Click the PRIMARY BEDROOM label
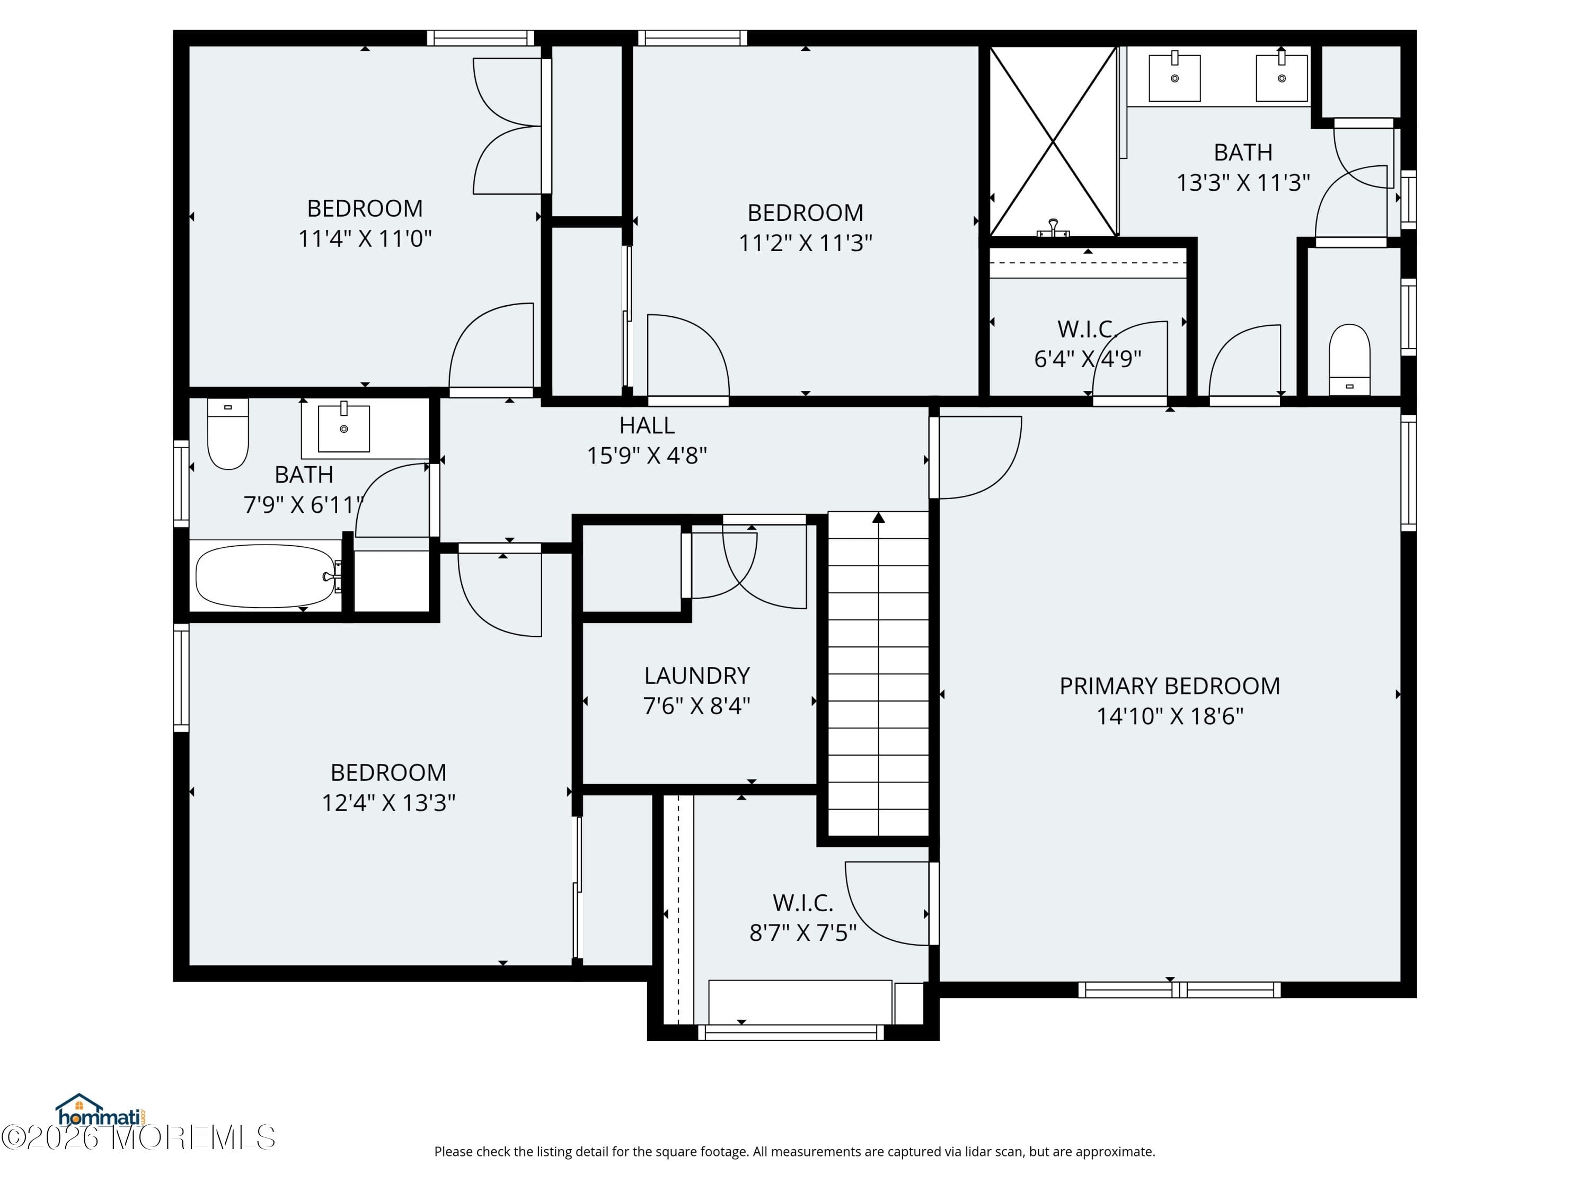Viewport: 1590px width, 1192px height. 1170,686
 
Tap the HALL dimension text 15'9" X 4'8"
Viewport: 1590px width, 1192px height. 647,456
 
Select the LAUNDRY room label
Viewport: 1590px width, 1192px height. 696,675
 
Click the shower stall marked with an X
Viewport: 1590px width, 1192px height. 1053,141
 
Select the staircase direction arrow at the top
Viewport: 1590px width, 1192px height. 878,517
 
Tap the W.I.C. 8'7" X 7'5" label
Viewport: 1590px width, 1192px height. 803,902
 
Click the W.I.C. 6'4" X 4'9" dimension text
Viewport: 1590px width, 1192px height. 1088,359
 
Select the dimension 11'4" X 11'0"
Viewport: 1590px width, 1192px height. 365,238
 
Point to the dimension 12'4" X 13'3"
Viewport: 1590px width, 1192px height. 388,803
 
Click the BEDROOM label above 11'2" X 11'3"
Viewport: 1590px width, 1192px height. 805,212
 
